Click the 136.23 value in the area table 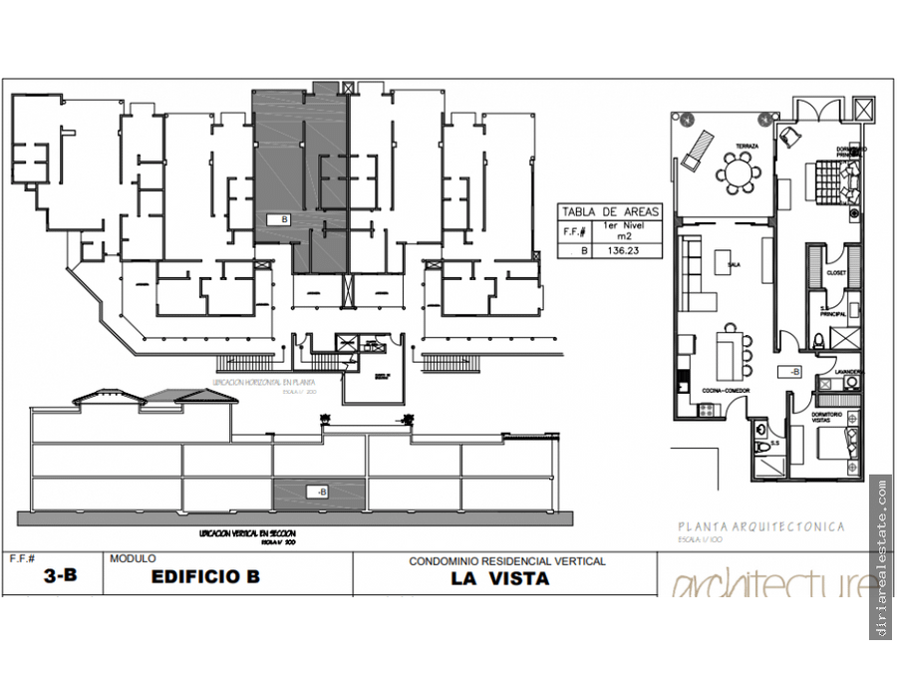pos(623,252)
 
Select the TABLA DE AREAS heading pos(610,211)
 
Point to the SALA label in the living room pos(734,265)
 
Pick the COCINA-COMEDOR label pos(726,390)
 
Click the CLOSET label pos(835,271)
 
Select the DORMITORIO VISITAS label pos(827,417)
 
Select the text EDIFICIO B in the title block pos(205,577)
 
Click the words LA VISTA pos(499,578)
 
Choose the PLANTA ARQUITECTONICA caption pos(760,526)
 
